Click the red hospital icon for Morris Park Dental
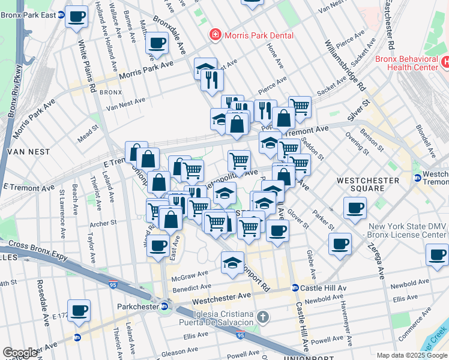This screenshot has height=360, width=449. point(214,35)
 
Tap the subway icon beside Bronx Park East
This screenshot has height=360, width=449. point(61,14)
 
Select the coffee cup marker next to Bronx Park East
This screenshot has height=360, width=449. point(76,16)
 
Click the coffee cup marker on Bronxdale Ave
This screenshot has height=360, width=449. point(157,43)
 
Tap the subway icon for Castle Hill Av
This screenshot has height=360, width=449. point(295,288)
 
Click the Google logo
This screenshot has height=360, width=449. point(20,353)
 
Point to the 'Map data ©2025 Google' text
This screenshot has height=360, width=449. point(412,355)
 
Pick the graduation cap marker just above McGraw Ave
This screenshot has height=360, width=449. point(233,262)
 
